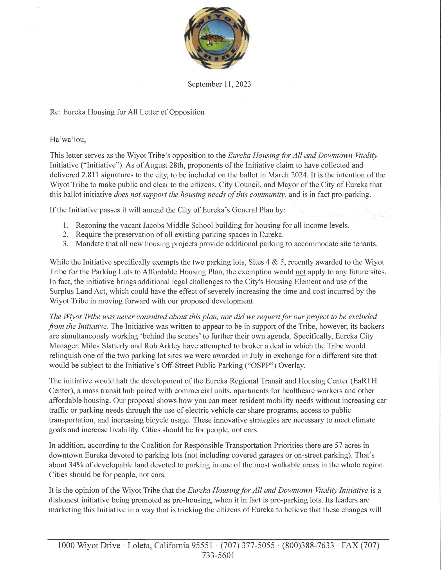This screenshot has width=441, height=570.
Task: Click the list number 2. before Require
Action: click(x=65, y=234)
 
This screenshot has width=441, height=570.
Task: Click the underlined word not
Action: click(x=301, y=272)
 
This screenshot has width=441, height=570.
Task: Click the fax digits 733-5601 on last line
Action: click(x=218, y=555)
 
